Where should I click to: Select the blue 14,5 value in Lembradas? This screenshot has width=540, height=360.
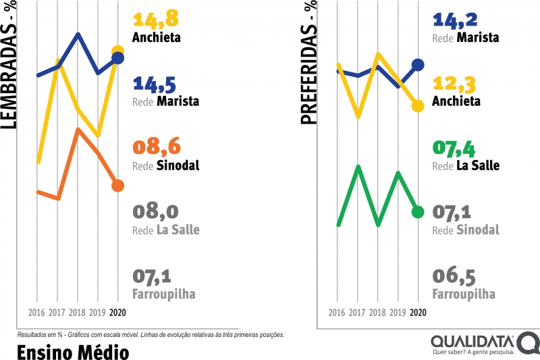click(x=155, y=84)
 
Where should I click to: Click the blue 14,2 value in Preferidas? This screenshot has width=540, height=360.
click(x=455, y=20)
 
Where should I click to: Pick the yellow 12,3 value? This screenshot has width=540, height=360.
click(x=455, y=84)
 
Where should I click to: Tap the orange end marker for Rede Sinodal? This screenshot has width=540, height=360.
click(x=117, y=186)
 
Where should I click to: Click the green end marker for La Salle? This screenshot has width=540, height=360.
click(x=418, y=212)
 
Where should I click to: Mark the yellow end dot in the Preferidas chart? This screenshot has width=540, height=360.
click(x=418, y=106)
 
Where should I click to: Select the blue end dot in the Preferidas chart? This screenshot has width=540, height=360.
click(x=418, y=65)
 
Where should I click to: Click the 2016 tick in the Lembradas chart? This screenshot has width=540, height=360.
click(x=37, y=313)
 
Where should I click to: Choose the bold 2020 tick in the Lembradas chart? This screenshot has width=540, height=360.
click(x=117, y=313)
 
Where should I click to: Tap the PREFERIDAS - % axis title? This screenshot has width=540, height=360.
click(x=310, y=64)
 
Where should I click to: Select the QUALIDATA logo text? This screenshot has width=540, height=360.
click(x=472, y=339)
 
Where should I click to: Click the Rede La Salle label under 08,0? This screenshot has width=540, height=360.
click(x=166, y=230)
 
